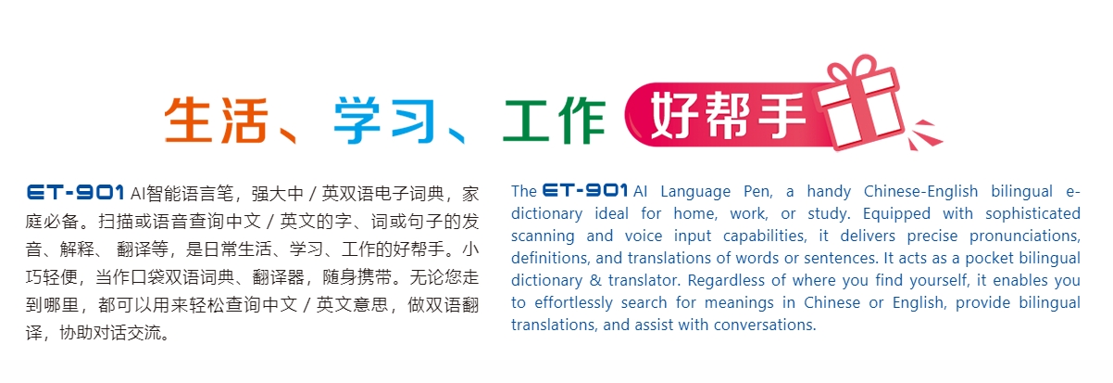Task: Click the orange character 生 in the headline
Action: (188, 118)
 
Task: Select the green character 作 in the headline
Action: (581, 118)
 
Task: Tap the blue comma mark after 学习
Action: (455, 134)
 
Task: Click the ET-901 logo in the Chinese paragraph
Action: (76, 193)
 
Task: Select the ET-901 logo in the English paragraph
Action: (586, 191)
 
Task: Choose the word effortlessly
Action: (575, 302)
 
